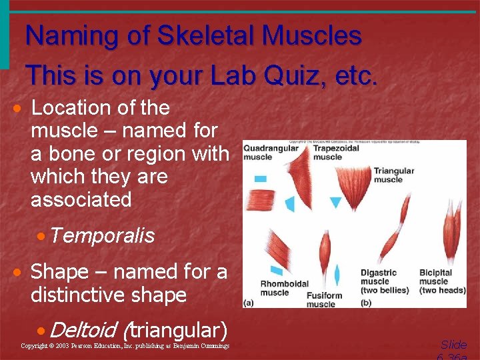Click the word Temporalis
click(x=101, y=235)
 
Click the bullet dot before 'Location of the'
click(x=22, y=109)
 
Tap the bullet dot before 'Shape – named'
click(x=22, y=273)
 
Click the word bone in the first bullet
click(x=73, y=154)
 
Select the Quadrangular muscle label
click(x=270, y=153)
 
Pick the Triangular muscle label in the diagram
click(x=393, y=175)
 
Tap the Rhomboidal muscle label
click(x=284, y=288)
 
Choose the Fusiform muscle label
click(x=324, y=299)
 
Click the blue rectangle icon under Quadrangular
click(x=261, y=179)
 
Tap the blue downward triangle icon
click(x=335, y=202)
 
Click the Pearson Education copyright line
click(x=125, y=346)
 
